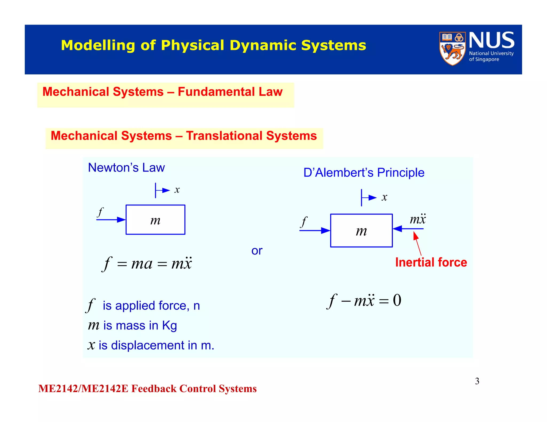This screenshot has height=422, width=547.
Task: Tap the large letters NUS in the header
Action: pyautogui.click(x=491, y=40)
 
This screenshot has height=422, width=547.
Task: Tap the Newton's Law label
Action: pyautogui.click(x=126, y=168)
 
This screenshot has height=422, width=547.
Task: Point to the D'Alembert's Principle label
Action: pyautogui.click(x=364, y=173)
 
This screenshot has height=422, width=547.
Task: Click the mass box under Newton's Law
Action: pyautogui.click(x=155, y=220)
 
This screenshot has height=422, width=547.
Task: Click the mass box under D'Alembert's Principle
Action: pyautogui.click(x=361, y=230)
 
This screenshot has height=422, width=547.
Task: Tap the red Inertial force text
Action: pyautogui.click(x=431, y=262)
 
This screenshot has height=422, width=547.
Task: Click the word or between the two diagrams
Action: pyautogui.click(x=257, y=251)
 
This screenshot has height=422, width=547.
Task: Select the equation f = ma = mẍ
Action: pyautogui.click(x=147, y=264)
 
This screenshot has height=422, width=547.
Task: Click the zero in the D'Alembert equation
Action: pyautogui.click(x=397, y=300)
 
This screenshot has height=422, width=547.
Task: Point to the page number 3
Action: pyautogui.click(x=477, y=381)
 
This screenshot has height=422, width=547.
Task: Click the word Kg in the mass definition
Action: pyautogui.click(x=169, y=326)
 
